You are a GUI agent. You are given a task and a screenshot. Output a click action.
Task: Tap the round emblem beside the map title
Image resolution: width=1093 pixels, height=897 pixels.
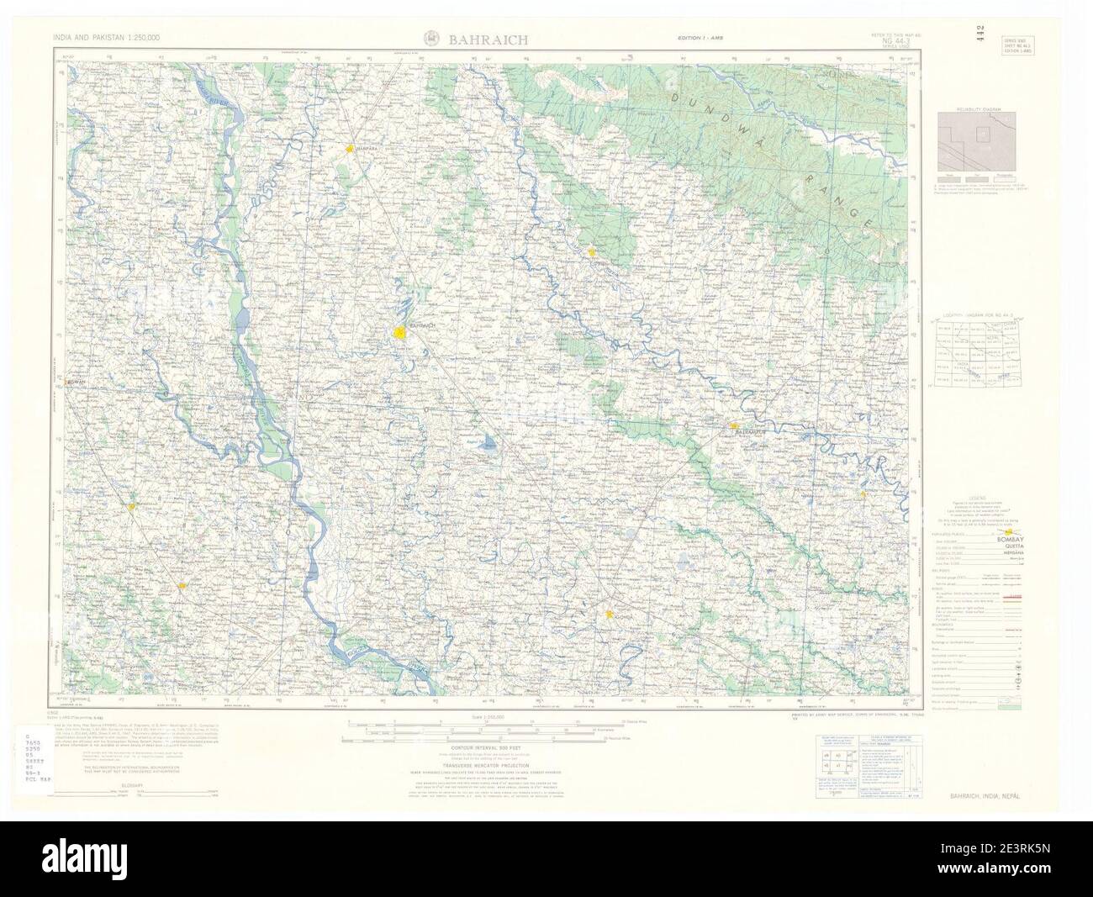430,39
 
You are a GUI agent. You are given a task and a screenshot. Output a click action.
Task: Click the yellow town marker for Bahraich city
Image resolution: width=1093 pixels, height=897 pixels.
401,334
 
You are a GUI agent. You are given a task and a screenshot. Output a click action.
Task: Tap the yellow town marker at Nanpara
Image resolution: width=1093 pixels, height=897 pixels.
349,150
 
